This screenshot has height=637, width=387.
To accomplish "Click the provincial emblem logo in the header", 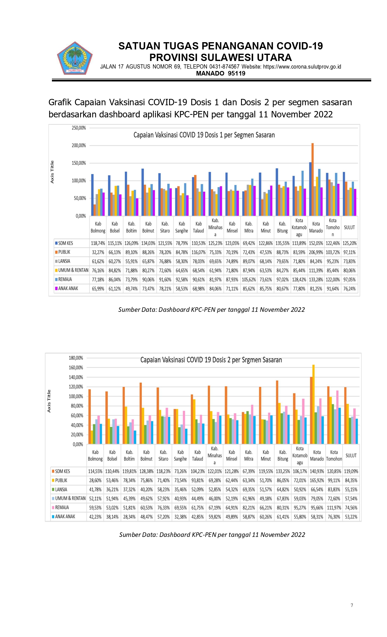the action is [75, 58].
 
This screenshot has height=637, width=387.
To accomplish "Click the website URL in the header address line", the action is [302, 67].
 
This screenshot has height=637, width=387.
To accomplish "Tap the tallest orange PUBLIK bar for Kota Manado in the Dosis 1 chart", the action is [313, 179].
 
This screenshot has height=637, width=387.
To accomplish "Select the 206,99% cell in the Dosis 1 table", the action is [316, 252].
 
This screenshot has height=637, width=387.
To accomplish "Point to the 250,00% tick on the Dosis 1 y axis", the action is [79, 128].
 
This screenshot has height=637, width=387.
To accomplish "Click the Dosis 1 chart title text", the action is [204, 135].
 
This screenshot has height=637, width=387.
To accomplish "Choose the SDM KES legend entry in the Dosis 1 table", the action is [66, 243].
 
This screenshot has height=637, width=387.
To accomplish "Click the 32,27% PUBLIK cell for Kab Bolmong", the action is [98, 252].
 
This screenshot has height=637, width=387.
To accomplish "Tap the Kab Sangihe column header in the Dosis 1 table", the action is [182, 227].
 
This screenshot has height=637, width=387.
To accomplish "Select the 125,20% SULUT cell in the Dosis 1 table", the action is [349, 243].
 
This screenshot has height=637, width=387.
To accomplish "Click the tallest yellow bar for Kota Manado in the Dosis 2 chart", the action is [314, 404].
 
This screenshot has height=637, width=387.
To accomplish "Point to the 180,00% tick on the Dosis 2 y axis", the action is [76, 358].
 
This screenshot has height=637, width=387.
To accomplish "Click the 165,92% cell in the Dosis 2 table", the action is [317, 480].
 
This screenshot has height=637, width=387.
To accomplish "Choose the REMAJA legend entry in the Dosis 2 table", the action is [62, 507].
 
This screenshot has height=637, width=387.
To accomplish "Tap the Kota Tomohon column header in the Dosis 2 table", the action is [334, 456].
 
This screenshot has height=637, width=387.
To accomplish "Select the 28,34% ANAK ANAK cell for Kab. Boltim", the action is [129, 517].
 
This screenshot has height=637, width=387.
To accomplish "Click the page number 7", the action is [352, 605].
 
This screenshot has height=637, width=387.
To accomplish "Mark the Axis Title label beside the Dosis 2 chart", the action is [49, 401].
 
